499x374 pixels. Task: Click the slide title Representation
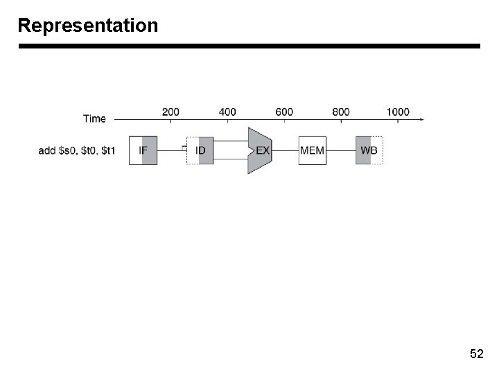point(88,26)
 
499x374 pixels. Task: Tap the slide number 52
point(476,355)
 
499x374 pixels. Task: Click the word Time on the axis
point(94,118)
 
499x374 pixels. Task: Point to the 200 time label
point(170,112)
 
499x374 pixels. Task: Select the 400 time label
point(227,112)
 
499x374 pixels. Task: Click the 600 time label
point(284,112)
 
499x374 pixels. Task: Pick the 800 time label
point(341,112)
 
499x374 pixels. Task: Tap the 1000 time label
point(398,112)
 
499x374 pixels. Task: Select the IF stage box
point(143,150)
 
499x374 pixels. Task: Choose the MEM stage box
point(313,150)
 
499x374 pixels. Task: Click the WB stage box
point(369,150)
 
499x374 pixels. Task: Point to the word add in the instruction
point(46,151)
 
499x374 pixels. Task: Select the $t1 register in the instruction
point(108,151)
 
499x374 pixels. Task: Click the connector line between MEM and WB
point(342,150)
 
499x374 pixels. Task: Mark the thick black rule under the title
point(249,46)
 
